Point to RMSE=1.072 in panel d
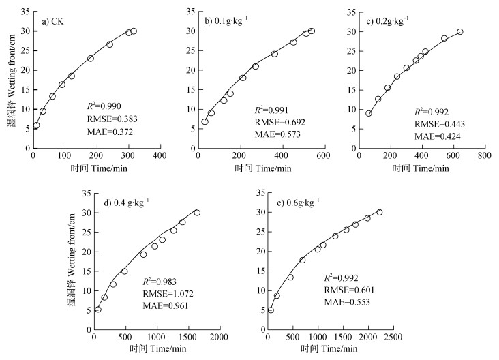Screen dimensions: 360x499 pos(164,295)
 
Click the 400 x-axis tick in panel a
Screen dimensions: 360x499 pos(160,156)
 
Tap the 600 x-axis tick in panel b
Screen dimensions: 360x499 pos(322,156)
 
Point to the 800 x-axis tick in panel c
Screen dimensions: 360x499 pos(484,156)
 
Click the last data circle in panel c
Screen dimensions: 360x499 pos(460,31)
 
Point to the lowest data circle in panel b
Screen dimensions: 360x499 pos(205,122)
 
